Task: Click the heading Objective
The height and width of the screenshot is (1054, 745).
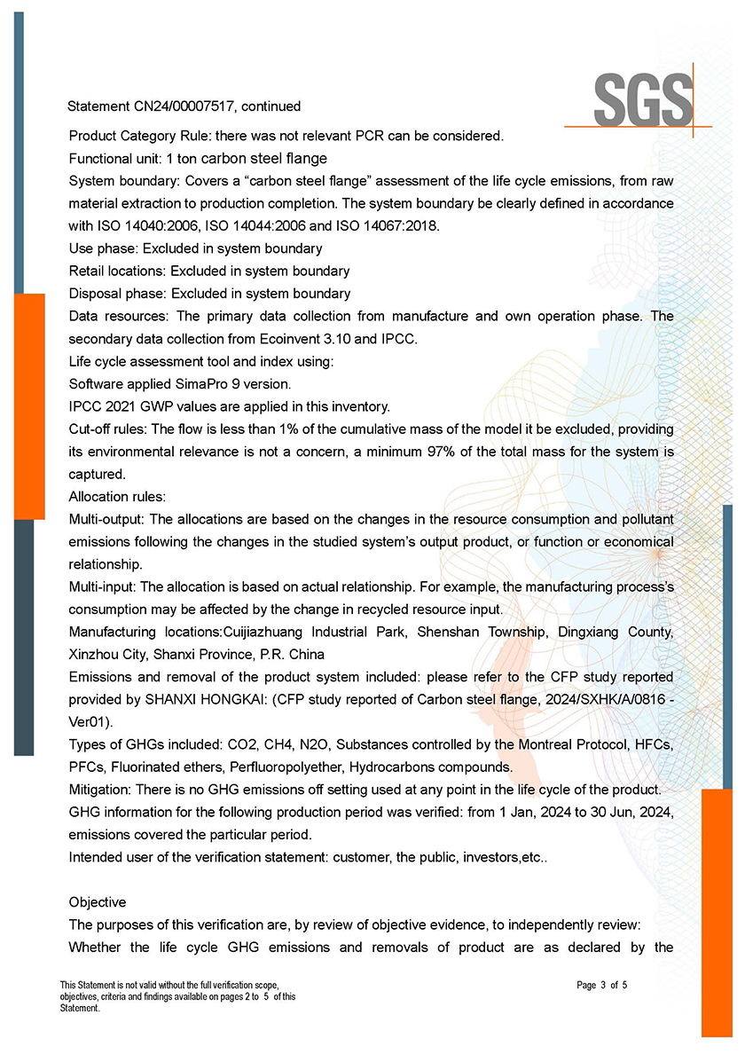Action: point(98,902)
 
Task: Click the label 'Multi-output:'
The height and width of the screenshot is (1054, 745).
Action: point(109,519)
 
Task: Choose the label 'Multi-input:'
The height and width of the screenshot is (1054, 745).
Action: point(104,586)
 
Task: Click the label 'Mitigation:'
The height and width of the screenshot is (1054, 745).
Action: point(100,790)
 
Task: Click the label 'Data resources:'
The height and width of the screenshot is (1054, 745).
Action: point(119,317)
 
